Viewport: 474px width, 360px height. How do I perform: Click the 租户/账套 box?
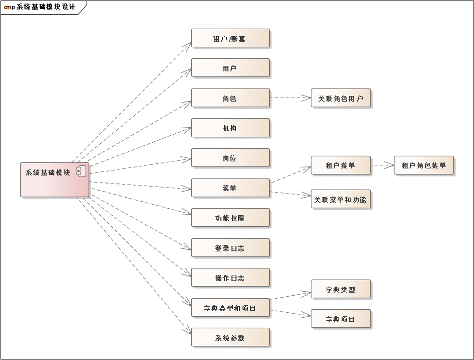click(x=230, y=38)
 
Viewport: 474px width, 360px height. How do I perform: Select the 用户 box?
click(x=230, y=68)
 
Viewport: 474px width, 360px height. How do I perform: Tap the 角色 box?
click(x=230, y=98)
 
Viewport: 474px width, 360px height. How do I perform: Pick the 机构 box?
click(x=230, y=128)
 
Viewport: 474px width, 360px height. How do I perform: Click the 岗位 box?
click(x=230, y=158)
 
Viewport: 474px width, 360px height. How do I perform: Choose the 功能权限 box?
click(x=230, y=218)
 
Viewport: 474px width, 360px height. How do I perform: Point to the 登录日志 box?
click(x=230, y=248)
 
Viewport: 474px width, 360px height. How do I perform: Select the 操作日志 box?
click(x=230, y=278)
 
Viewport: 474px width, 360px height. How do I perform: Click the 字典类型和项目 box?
click(x=230, y=308)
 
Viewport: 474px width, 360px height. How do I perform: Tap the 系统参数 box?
click(x=230, y=337)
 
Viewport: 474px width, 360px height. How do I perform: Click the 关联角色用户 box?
click(x=341, y=98)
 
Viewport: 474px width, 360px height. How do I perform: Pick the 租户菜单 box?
click(x=341, y=165)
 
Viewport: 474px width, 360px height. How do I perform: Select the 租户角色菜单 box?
click(x=424, y=165)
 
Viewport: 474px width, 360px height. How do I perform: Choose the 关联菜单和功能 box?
click(x=341, y=200)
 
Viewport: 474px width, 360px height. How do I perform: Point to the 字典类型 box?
click(x=341, y=289)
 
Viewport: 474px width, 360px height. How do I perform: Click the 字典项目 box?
click(x=341, y=319)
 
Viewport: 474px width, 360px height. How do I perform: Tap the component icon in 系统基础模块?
click(x=81, y=171)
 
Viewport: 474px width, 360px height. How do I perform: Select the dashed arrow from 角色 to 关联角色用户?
click(x=290, y=98)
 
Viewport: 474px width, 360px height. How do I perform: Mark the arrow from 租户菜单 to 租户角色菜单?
click(x=382, y=164)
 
